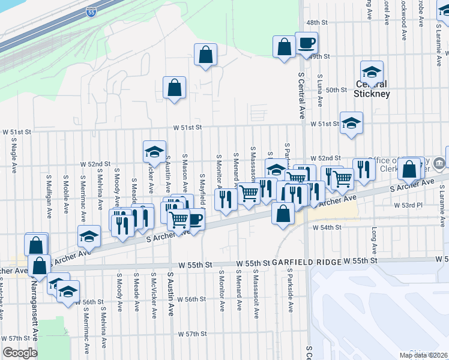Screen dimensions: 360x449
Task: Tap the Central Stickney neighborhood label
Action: coord(372,89)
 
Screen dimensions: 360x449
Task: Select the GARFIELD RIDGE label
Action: coord(306,262)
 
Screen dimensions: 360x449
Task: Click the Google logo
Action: coord(19,353)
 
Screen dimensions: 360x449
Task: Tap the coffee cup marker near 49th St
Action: coord(306,43)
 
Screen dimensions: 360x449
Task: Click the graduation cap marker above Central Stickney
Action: coord(372,72)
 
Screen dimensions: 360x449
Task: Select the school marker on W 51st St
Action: coord(351,123)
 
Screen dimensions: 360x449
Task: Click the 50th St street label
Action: coord(336,90)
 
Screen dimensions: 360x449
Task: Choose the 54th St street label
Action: coord(331,228)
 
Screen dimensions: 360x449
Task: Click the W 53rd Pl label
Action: coord(408,205)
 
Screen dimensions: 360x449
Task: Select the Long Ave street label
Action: coord(374,240)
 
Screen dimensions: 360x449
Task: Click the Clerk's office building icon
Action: coord(439,162)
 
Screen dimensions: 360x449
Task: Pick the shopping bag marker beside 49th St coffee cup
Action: coord(285,47)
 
